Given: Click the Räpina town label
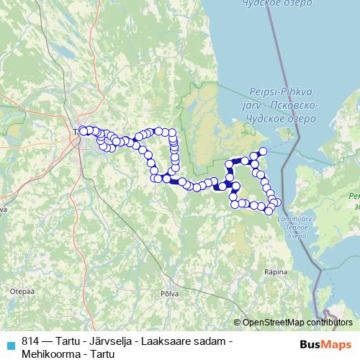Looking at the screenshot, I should click(x=276, y=272).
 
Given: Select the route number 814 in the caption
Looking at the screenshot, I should click(x=31, y=340).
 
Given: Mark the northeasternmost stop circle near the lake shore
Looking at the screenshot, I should click(x=263, y=150).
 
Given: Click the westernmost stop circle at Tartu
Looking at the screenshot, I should click(x=83, y=130).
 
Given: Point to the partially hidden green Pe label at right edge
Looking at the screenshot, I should click(x=353, y=196).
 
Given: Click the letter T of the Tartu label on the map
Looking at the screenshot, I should click(x=76, y=132).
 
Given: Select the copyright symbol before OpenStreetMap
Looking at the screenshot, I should click(x=238, y=322).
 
